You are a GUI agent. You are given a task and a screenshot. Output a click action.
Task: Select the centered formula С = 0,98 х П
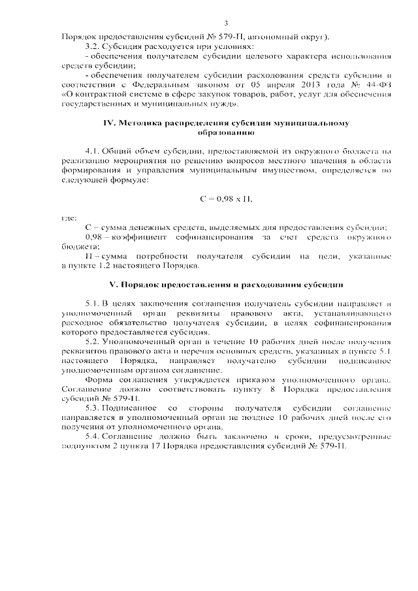click(x=225, y=198)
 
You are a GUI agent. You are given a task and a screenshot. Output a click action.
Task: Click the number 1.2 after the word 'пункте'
click(x=100, y=265)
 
